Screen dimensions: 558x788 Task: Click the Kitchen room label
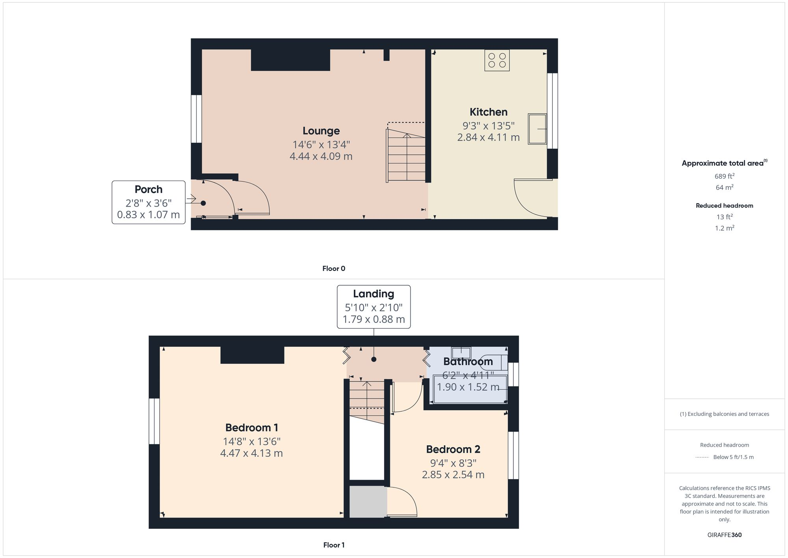pyautogui.click(x=488, y=112)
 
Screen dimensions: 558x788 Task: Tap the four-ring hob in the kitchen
pyautogui.click(x=497, y=60)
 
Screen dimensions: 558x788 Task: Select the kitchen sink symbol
pyautogui.click(x=537, y=129)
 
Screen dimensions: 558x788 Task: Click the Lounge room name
pyautogui.click(x=321, y=131)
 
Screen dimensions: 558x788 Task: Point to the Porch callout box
pyautogui.click(x=149, y=202)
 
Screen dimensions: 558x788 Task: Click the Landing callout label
pyautogui.click(x=374, y=294)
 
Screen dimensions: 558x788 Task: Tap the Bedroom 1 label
pyautogui.click(x=251, y=427)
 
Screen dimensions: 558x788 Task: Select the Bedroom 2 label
pyautogui.click(x=453, y=449)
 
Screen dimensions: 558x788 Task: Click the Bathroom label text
pyautogui.click(x=468, y=362)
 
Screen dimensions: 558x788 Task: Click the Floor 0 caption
pyautogui.click(x=333, y=269)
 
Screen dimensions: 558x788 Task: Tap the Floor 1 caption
pyautogui.click(x=333, y=545)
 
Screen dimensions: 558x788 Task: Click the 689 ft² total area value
pyautogui.click(x=724, y=176)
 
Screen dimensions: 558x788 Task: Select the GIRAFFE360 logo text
pyautogui.click(x=724, y=535)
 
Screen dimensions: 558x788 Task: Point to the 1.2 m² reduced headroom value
pyautogui.click(x=724, y=228)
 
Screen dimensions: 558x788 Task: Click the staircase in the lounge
pyautogui.click(x=406, y=158)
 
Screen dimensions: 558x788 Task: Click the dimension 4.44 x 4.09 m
pyautogui.click(x=321, y=157)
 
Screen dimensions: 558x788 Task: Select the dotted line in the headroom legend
pyautogui.click(x=702, y=457)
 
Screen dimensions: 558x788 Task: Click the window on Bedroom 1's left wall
pyautogui.click(x=154, y=421)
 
